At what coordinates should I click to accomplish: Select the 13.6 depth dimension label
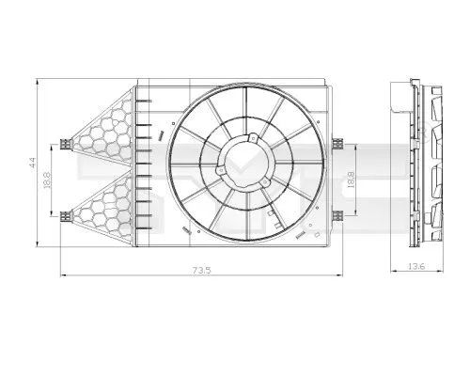coord(415,268)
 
